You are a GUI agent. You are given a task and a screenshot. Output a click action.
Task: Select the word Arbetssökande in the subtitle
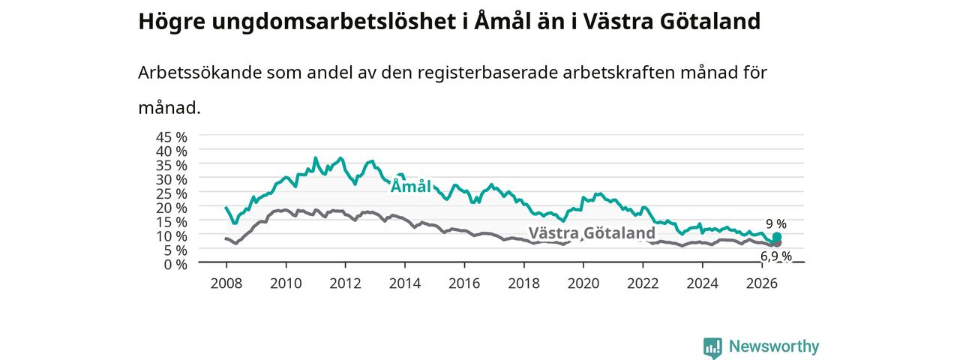tap(199, 73)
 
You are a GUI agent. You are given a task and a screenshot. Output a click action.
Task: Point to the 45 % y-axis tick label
tap(172, 137)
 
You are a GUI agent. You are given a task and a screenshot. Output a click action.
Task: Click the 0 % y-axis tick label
tap(175, 265)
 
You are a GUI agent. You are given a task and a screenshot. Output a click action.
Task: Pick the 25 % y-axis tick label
tap(172, 193)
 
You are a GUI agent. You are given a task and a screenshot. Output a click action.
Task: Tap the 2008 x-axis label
tap(226, 283)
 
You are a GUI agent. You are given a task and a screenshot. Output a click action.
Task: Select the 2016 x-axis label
tap(464, 283)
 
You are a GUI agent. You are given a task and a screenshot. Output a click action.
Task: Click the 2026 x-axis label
tap(762, 283)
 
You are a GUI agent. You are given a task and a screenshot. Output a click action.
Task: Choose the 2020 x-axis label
tap(583, 283)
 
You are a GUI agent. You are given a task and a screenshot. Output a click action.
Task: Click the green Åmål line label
tap(410, 187)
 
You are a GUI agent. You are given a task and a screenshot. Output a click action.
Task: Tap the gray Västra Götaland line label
tap(592, 233)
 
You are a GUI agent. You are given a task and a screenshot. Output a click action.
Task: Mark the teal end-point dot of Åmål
tap(776, 237)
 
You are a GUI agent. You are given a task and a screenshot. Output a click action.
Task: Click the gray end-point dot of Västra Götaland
tap(776, 244)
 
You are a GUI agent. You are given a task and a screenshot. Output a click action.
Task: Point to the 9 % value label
tap(776, 223)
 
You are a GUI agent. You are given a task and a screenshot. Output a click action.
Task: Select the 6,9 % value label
tap(776, 256)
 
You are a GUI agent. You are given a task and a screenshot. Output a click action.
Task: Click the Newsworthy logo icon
tap(712, 347)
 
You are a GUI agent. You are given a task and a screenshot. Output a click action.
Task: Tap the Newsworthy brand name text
tap(774, 346)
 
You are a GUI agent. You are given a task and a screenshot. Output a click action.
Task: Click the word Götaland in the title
tap(710, 22)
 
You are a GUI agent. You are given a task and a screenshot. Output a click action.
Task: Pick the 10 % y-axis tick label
tap(172, 236)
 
